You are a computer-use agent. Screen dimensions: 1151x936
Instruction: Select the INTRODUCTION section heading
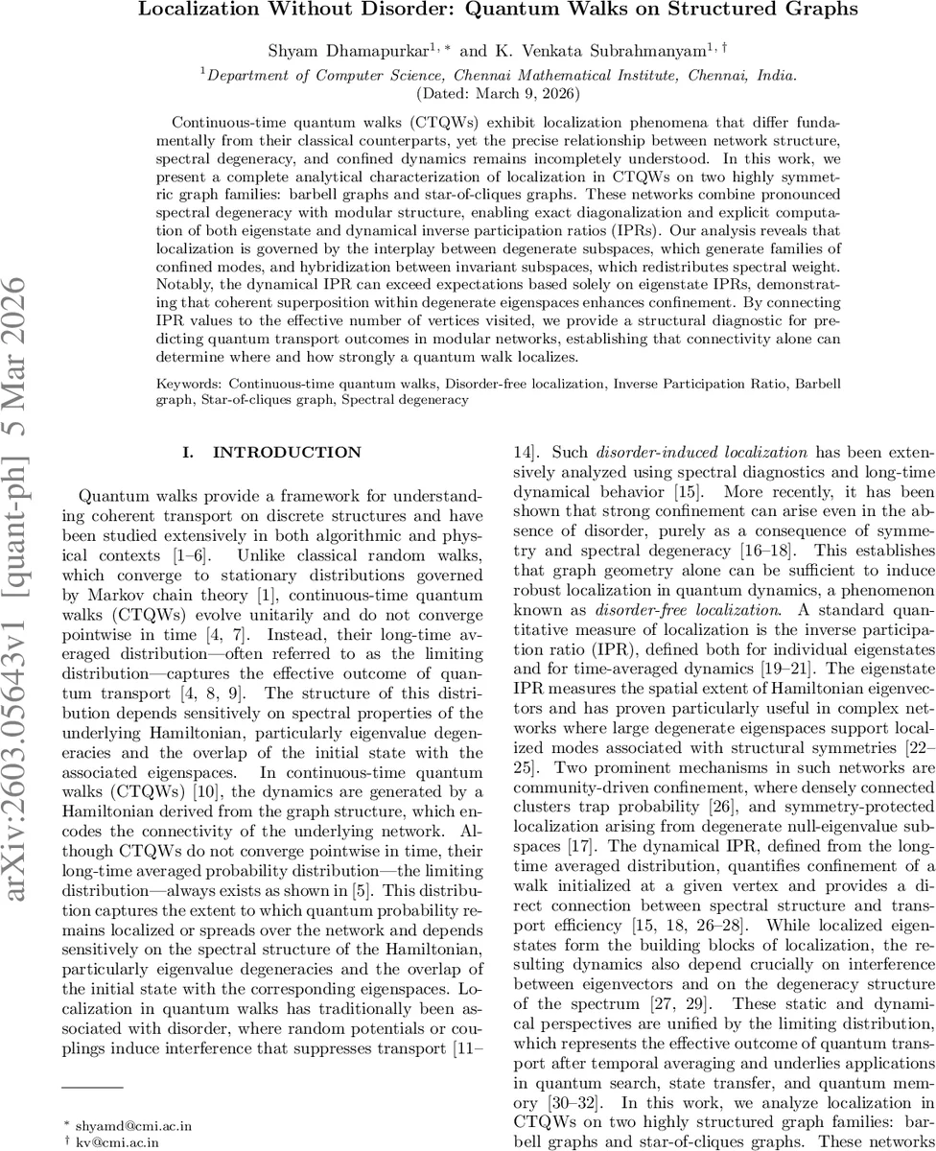(x=272, y=453)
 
